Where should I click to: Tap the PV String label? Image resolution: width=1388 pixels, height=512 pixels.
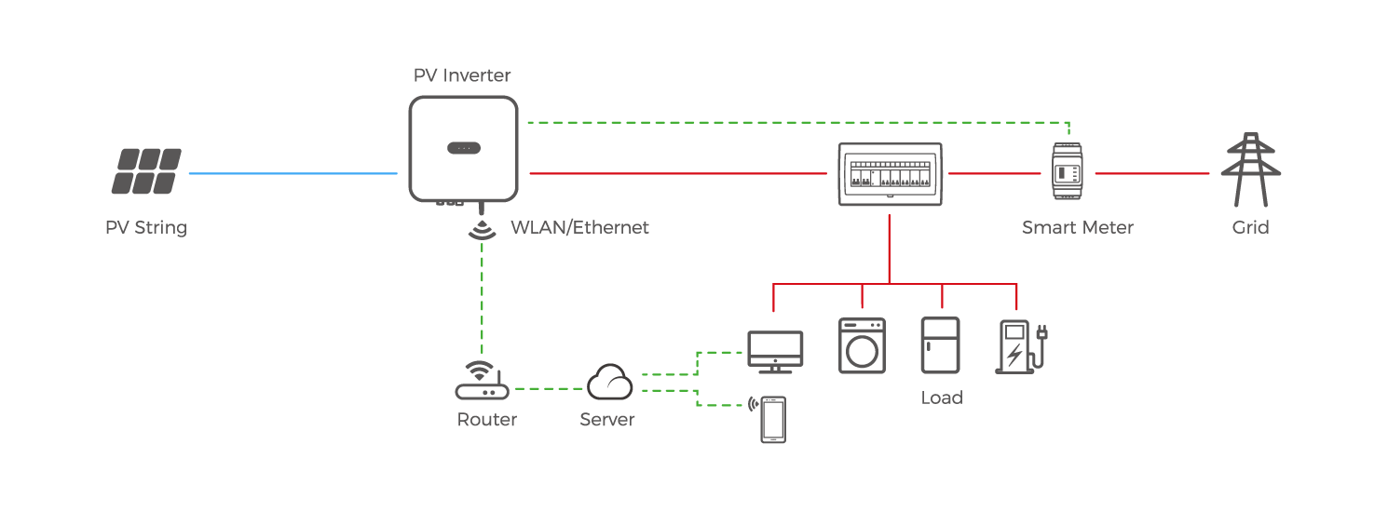pos(146,227)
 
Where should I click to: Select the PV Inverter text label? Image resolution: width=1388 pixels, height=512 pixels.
pos(462,75)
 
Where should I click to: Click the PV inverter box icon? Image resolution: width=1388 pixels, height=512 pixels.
pos(462,149)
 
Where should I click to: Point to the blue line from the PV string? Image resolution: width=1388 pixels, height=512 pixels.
pos(293,173)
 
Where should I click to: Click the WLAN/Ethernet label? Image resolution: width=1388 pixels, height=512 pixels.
pos(579,227)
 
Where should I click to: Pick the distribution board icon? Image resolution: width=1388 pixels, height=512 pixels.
pos(889,174)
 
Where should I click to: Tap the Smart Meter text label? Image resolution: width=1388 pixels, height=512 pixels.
pos(1077,227)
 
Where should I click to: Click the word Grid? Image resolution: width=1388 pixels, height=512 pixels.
pos(1250,227)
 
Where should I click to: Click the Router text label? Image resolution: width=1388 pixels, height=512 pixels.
pos(486,420)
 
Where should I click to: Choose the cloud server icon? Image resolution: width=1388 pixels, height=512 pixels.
pos(610,382)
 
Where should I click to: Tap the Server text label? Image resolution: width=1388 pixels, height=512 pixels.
pos(606,420)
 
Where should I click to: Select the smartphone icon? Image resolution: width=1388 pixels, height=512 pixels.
pos(772,420)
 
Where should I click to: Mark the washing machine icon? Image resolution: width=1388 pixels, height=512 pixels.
pos(862,345)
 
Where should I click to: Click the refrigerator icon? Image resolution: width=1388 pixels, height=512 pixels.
pos(940,345)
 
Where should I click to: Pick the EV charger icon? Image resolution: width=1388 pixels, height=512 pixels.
pos(1019,346)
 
